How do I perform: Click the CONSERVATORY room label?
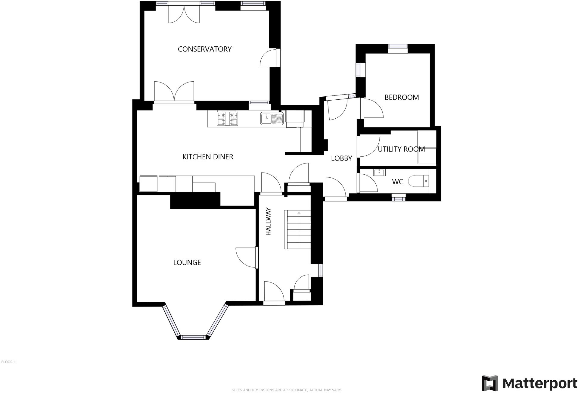coord(204,49)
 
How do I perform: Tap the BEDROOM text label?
coord(402,97)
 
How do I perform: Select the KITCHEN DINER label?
coord(208,157)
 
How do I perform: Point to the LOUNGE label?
coord(187,262)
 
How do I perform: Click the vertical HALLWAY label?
coord(269,221)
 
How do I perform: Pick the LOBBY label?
coord(341,158)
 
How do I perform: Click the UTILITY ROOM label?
coord(401,149)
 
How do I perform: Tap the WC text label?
coord(397,182)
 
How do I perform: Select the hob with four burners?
coord(228,118)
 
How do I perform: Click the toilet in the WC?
coord(418,181)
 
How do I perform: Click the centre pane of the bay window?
coord(193,337)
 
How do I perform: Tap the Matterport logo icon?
coord(489,383)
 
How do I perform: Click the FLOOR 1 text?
coord(8,362)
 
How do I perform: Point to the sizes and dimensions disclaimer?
coord(286,390)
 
